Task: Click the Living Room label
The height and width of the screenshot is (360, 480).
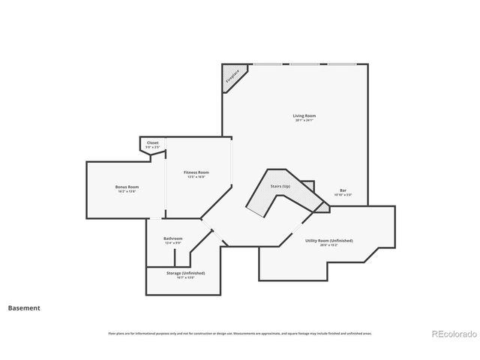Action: (304, 115)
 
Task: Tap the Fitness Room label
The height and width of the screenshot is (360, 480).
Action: (196, 172)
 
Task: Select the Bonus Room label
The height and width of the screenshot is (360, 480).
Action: (127, 187)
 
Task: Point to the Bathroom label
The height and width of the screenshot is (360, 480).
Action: (173, 238)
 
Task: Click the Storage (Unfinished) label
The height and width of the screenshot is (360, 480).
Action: (185, 273)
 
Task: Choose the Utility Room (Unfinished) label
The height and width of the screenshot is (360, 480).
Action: (328, 241)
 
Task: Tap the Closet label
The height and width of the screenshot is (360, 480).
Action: (152, 142)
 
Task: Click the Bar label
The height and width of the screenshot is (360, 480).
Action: (343, 190)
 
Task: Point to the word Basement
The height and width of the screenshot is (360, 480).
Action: (24, 307)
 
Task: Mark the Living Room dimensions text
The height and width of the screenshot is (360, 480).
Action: (304, 120)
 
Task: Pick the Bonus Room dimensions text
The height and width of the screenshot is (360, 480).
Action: (127, 191)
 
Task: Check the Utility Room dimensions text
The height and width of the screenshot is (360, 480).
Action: (328, 245)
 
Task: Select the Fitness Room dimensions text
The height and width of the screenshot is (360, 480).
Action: (196, 177)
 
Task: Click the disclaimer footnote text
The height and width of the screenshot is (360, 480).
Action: (239, 333)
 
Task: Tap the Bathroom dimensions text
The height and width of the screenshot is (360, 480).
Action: (173, 243)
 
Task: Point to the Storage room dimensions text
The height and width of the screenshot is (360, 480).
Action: (185, 277)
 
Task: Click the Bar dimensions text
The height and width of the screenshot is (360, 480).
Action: (343, 195)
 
